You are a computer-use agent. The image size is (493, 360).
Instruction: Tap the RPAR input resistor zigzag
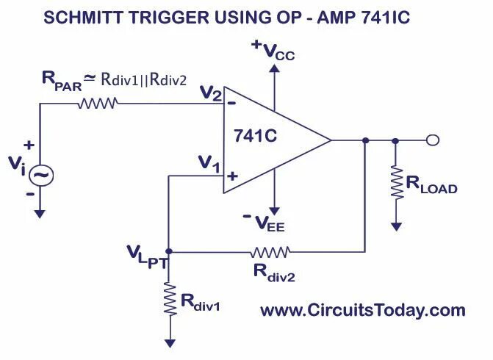pos(96,104)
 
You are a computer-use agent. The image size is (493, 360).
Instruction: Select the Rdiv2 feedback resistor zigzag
pos(270,251)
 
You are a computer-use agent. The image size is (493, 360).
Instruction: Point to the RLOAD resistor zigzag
pos(397,183)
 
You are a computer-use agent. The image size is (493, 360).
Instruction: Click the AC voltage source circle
pos(40,175)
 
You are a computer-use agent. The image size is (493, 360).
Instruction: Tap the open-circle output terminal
pos(433,140)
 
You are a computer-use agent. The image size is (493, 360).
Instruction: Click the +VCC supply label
pos(273,51)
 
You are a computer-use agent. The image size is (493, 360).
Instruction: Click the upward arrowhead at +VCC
pos(274,68)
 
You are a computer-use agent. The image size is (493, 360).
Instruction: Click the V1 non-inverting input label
pos(209,166)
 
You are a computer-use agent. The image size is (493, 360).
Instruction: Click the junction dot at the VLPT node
pos(169,251)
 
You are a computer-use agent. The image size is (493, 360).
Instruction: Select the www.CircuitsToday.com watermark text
pos(363,311)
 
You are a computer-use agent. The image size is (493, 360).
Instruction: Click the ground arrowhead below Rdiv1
pos(169,342)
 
